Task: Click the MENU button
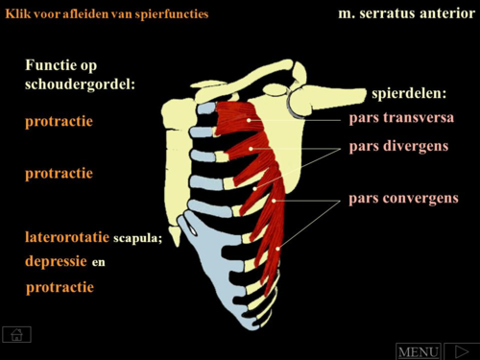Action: (419, 351)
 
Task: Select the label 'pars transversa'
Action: (401, 117)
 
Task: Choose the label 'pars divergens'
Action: (398, 146)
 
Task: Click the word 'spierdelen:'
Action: (409, 93)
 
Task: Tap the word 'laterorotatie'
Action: (67, 236)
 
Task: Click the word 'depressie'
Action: (57, 261)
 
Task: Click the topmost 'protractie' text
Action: (60, 122)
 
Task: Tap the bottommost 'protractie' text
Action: (60, 286)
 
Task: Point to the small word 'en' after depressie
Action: (99, 262)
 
